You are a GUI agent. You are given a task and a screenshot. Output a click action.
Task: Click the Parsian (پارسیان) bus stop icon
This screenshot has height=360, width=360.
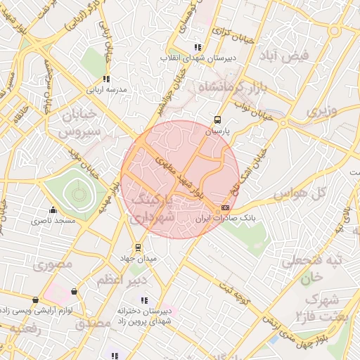click(217, 120)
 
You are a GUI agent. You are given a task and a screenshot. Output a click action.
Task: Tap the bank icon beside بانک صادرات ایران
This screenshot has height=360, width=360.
click(225, 207)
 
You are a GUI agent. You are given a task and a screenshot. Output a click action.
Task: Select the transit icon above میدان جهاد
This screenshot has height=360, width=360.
click(138, 247)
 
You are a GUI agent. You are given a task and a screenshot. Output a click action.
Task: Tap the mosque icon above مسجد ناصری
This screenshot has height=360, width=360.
click(52, 210)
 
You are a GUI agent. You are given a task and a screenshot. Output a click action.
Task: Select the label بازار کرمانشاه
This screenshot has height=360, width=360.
click(230, 88)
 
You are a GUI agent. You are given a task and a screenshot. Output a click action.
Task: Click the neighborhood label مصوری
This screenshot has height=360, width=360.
click(48, 266)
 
